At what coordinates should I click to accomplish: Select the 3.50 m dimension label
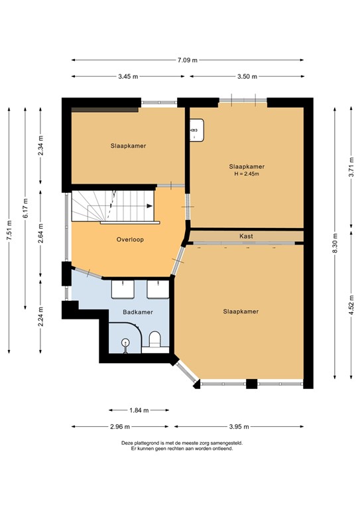247,77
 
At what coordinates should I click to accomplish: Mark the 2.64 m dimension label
41,237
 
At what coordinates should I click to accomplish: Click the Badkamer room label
138,311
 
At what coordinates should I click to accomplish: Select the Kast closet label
247,236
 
